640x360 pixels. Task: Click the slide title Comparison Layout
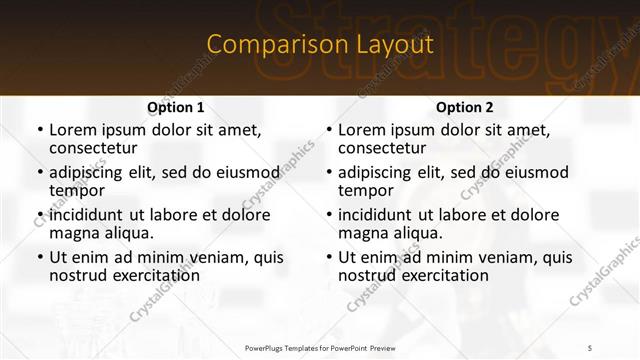(x=319, y=45)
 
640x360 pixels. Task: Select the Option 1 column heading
(x=175, y=107)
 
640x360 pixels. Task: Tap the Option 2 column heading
(x=464, y=107)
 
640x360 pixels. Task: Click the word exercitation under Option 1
(x=156, y=276)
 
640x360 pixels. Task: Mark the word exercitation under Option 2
(x=445, y=276)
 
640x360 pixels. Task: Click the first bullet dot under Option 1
(x=39, y=130)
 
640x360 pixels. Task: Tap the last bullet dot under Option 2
(x=328, y=257)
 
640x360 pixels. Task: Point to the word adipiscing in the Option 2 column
(x=377, y=172)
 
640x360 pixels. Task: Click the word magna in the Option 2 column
(x=361, y=233)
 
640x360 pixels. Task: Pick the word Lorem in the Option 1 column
(x=72, y=130)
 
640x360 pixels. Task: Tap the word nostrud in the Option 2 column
(x=367, y=276)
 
